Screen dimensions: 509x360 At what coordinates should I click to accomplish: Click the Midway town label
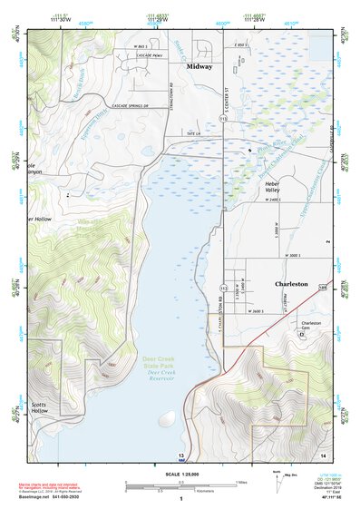pyautogui.click(x=199, y=67)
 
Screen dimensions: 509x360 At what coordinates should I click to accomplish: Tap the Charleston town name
pyautogui.click(x=291, y=284)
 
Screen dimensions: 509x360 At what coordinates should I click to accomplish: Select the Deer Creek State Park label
pyautogui.click(x=163, y=361)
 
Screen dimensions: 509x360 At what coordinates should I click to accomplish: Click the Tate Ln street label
pyautogui.click(x=191, y=133)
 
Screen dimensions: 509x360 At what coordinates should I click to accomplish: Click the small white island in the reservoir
pyautogui.click(x=168, y=420)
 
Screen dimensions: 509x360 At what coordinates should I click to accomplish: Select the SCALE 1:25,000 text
pyautogui.click(x=180, y=472)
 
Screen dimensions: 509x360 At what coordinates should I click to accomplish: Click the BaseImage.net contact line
pyautogui.click(x=62, y=497)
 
